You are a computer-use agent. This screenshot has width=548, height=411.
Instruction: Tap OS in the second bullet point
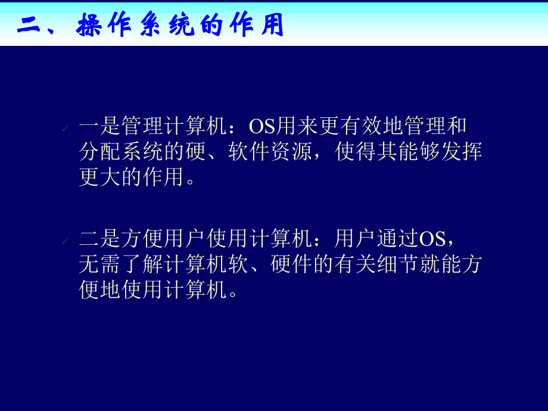click(432, 239)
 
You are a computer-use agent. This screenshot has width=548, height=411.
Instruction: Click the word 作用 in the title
click(257, 26)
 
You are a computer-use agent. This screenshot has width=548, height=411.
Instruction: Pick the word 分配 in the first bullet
click(100, 152)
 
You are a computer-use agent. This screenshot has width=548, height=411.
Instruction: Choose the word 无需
click(100, 265)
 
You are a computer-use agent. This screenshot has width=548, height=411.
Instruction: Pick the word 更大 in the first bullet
click(100, 178)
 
